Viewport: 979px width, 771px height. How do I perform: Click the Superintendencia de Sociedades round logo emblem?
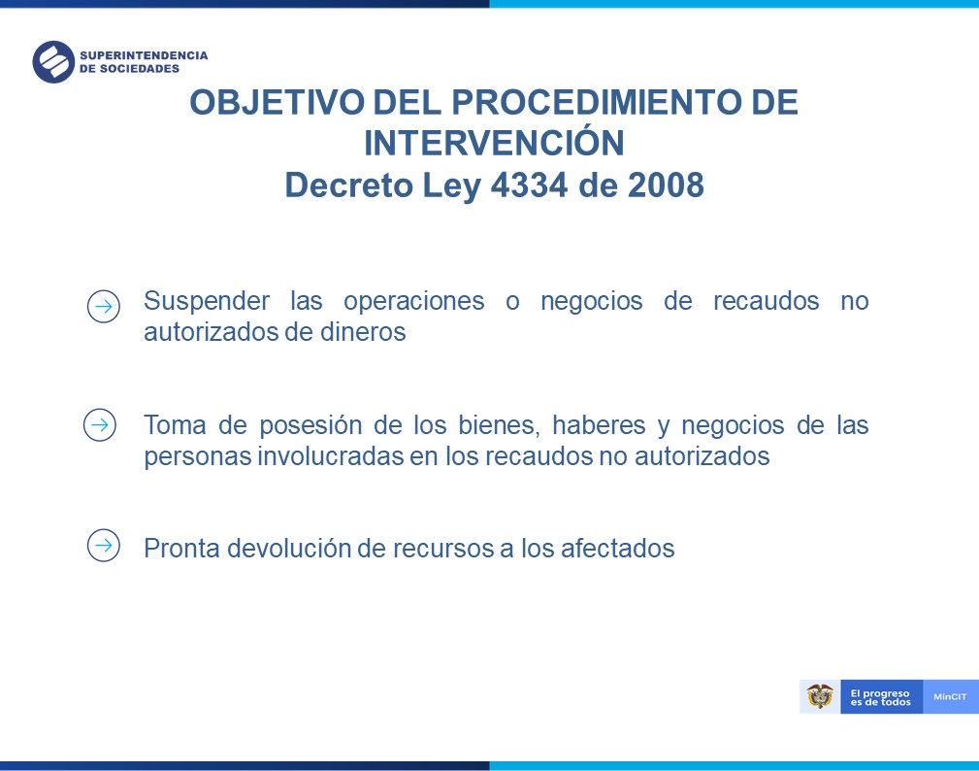tap(53, 62)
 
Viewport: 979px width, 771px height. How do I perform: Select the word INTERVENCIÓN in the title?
tap(494, 142)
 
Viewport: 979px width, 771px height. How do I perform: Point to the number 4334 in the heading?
tap(530, 184)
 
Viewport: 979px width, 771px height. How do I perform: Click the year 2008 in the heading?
tap(666, 184)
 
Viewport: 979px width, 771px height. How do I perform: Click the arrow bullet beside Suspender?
tap(104, 306)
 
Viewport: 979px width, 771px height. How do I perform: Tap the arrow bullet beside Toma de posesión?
tap(100, 425)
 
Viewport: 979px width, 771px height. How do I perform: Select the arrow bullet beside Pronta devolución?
tap(104, 546)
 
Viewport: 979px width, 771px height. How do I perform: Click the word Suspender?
tap(207, 302)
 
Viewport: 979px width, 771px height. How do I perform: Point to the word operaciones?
tap(414, 302)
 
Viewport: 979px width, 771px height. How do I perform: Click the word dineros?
tap(363, 332)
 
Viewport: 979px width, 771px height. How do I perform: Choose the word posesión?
tap(310, 426)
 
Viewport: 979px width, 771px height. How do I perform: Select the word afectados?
tap(617, 549)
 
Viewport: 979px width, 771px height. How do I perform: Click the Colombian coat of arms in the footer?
tap(820, 696)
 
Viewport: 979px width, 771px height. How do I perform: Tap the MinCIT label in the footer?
tap(950, 696)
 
